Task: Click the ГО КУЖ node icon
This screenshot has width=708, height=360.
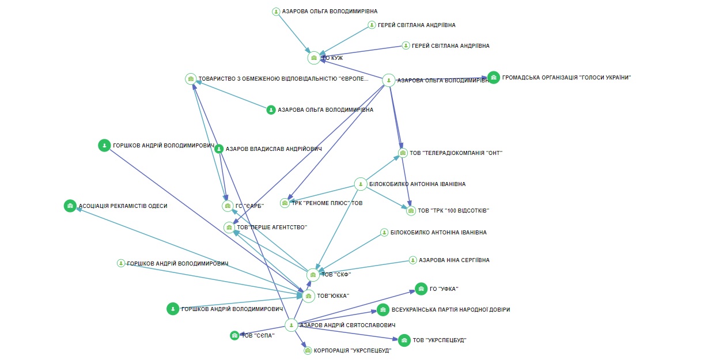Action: tap(313, 58)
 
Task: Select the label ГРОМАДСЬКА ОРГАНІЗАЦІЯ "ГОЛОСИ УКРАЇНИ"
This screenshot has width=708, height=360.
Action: tap(566, 78)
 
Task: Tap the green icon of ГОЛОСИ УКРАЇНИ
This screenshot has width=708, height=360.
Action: tap(494, 78)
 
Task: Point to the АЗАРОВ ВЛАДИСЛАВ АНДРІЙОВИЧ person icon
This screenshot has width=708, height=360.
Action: tap(219, 149)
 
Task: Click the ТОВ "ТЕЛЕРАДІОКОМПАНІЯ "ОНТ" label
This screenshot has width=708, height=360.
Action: tap(456, 153)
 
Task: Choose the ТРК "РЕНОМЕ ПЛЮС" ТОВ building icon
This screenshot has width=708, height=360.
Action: tap(285, 203)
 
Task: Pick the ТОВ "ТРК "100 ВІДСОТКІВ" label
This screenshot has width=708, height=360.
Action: tap(453, 211)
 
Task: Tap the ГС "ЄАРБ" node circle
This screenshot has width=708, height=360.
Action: tap(228, 206)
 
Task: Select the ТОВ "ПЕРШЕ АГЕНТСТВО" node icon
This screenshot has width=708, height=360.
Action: tap(229, 228)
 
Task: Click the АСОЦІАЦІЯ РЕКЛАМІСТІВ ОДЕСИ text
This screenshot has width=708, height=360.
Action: tap(123, 206)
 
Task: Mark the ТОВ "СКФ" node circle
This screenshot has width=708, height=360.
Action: tap(313, 275)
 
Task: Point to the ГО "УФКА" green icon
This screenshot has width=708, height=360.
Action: tap(421, 289)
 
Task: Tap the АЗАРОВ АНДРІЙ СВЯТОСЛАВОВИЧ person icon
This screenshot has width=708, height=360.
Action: tap(291, 325)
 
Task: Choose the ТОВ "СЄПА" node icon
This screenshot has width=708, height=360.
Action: tap(234, 335)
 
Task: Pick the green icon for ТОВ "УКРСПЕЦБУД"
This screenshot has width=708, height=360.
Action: tap(404, 340)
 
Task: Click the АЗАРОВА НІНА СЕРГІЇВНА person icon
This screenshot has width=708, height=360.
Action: tap(412, 260)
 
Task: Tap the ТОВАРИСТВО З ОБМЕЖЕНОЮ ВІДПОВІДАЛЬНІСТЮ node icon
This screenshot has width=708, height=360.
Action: tap(191, 79)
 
